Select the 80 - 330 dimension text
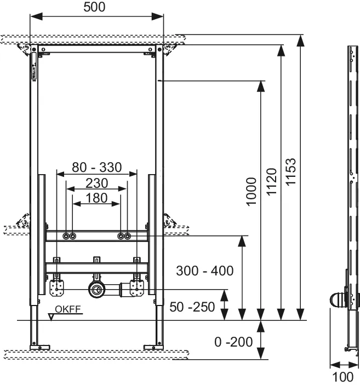[x=96, y=167]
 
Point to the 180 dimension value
[x=96, y=198]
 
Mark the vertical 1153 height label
[x=292, y=172]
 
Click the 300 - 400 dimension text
[x=204, y=270]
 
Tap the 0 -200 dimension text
[x=234, y=342]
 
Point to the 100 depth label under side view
[x=343, y=377]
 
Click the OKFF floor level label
[x=71, y=309]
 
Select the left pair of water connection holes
[x=69, y=237]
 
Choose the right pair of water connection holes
[x=124, y=237]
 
